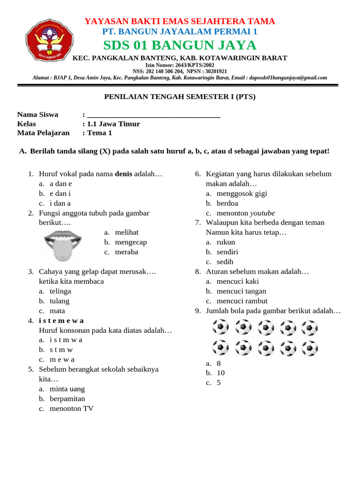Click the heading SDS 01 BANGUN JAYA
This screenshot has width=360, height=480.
[x=180, y=45]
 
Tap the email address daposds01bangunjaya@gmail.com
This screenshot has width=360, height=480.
[x=288, y=78]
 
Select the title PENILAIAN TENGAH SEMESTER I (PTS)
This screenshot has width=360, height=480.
[x=180, y=97]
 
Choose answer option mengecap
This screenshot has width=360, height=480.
[x=131, y=242]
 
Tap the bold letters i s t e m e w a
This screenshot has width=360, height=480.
[x=61, y=321]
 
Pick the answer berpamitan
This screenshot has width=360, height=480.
[x=67, y=398]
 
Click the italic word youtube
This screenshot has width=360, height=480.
[x=262, y=213]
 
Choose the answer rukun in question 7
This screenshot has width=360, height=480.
[x=226, y=242]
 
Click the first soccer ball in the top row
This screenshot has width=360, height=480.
[x=220, y=327]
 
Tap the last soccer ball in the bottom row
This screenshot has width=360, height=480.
[x=310, y=348]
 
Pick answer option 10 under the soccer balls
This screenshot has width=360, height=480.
[x=220, y=373]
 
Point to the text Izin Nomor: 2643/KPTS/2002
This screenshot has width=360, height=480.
[x=180, y=65]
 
